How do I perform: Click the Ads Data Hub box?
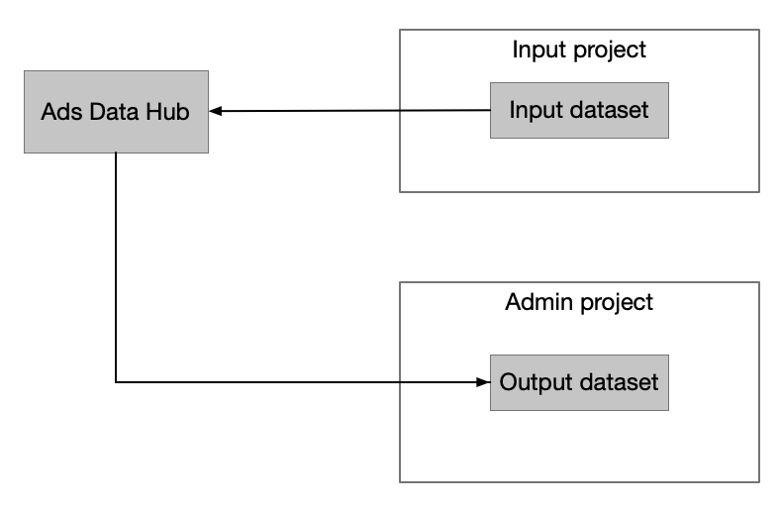(116, 111)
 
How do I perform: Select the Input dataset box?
(579, 110)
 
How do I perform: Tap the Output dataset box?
(579, 381)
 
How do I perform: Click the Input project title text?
(579, 50)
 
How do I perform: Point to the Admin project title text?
(579, 302)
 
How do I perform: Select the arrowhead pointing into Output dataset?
(484, 381)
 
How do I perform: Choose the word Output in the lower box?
(533, 381)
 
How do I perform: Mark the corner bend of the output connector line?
(117, 381)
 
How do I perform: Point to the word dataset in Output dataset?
(616, 381)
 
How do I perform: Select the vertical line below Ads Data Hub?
(117, 267)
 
